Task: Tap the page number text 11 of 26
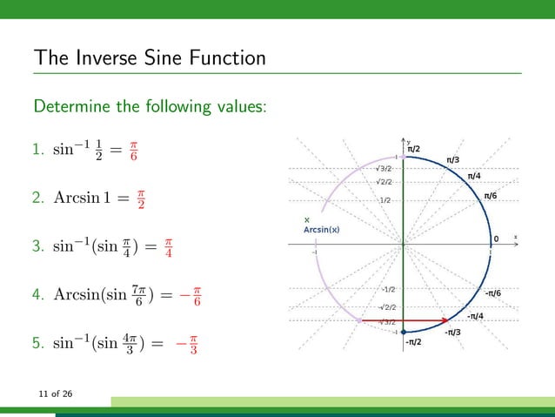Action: tap(54, 395)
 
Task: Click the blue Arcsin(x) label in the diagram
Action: tap(321, 230)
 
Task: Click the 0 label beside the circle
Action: tap(496, 239)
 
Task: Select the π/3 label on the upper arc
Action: tap(453, 160)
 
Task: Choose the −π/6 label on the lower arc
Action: tap(491, 293)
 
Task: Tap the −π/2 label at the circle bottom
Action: tap(413, 342)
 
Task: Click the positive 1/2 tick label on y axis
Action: tap(384, 200)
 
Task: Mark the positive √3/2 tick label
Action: tap(383, 168)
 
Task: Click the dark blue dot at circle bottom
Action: tap(404, 332)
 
